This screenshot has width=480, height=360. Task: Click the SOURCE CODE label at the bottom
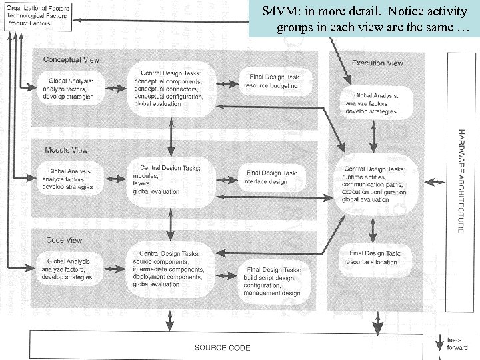pos(222,347)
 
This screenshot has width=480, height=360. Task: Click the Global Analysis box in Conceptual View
pos(71,89)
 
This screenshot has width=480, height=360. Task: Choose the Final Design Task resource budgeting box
pos(272,81)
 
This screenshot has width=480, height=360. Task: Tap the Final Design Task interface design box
pos(270,177)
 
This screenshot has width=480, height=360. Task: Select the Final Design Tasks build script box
pos(271,281)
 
